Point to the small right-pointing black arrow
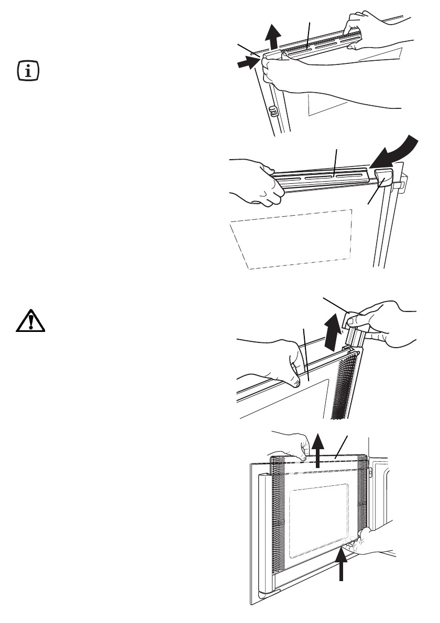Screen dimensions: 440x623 [x=246, y=63]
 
